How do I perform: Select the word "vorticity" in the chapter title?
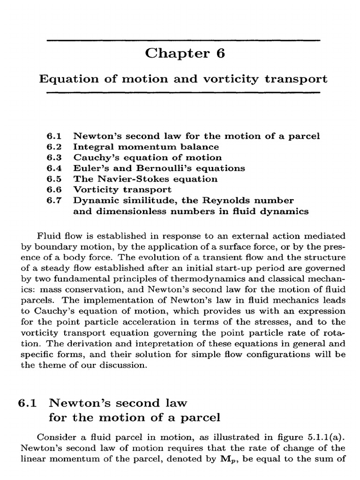tap(228, 79)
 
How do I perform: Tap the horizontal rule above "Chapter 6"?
tap(184, 40)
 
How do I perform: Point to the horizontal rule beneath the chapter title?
tap(184, 93)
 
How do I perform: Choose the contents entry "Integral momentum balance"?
tap(139, 147)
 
